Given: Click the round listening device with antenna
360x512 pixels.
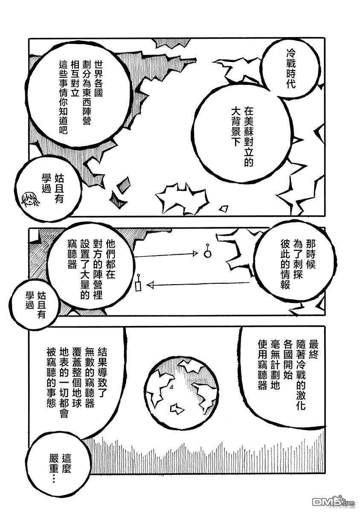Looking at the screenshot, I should (208, 253).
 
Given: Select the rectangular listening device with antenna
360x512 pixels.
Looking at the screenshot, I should (138, 285).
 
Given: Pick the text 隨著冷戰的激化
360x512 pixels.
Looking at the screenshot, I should (301, 375).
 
